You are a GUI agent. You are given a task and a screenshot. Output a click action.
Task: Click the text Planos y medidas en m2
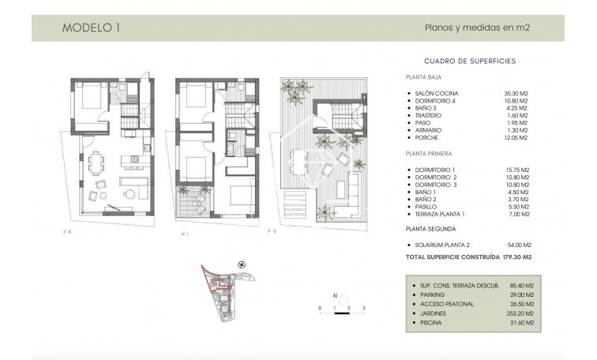pos(477,28)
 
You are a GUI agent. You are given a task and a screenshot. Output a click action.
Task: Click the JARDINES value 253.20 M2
pos(519,313)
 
